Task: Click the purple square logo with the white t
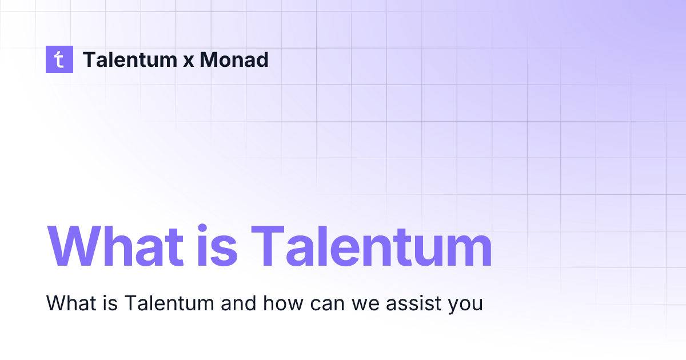pyautogui.click(x=59, y=59)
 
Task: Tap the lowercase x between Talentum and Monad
pyautogui.click(x=188, y=61)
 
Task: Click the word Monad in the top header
pyautogui.click(x=234, y=59)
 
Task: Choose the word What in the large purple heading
pyautogui.click(x=115, y=247)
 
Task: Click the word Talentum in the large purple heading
pyautogui.click(x=372, y=247)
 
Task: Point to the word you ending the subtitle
pyautogui.click(x=462, y=305)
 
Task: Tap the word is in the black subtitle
pyautogui.click(x=107, y=303)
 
